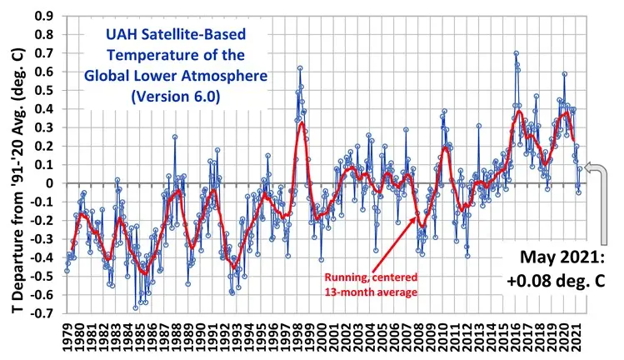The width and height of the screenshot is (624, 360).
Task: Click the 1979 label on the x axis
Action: tap(67, 337)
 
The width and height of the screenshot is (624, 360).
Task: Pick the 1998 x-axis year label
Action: tap(297, 337)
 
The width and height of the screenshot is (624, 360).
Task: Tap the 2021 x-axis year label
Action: tap(577, 337)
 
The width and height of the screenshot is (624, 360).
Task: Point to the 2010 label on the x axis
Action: tap(443, 337)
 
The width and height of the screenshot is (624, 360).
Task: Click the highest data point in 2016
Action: tap(517, 53)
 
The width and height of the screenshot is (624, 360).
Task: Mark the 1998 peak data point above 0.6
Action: tap(300, 68)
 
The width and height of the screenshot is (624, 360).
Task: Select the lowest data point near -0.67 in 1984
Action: tap(136, 307)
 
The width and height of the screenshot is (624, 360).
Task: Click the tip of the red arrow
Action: tap(418, 216)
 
